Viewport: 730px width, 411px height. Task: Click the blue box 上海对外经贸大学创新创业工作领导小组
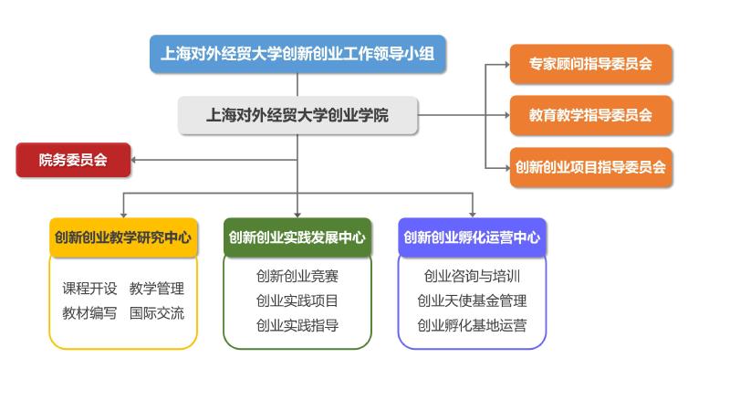pos(297,54)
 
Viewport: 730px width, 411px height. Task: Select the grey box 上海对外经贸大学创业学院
pos(297,115)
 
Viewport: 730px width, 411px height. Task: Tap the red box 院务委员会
pos(73,161)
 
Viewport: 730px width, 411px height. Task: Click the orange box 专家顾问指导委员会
pos(590,64)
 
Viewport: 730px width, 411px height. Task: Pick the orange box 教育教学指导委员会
pos(590,115)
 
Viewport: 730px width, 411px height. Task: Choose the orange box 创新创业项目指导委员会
pos(590,167)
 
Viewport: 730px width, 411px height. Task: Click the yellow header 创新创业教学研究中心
pos(123,237)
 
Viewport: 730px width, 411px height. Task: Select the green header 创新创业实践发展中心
pos(297,237)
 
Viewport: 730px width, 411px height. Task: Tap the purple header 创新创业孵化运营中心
pos(472,237)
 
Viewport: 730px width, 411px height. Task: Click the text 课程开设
pos(89,289)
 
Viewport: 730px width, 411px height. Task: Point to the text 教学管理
pos(157,289)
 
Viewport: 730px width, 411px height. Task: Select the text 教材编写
pos(89,313)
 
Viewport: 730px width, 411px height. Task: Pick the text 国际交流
pos(157,313)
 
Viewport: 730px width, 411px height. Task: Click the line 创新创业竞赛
pos(297,276)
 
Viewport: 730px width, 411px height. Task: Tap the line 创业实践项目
pos(297,300)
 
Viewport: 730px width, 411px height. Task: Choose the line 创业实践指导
pos(297,325)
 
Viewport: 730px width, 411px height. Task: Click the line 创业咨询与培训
pos(472,276)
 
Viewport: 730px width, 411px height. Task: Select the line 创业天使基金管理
pos(472,300)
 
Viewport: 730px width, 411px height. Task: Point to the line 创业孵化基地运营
pos(472,325)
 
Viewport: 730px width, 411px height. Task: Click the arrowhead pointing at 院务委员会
pos(135,161)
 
